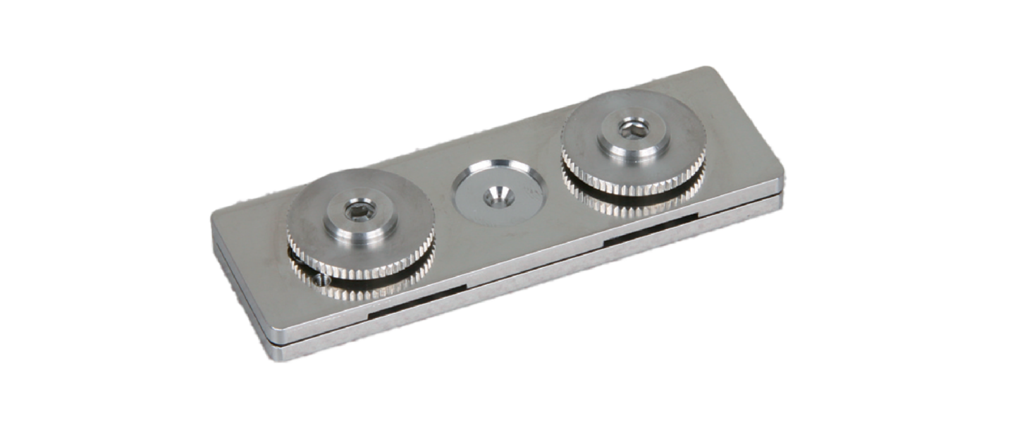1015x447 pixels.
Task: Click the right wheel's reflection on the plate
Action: click(x=634, y=204)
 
